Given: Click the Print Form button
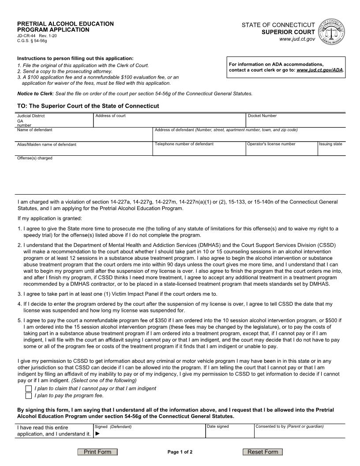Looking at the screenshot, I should point(97,452).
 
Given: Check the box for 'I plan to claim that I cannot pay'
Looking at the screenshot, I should point(29,388).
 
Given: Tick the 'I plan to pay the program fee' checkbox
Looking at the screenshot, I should point(29,395).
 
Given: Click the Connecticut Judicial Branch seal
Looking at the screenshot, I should point(331,31).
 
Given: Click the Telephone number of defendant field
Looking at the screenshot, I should point(199,150).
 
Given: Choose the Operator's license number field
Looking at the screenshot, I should point(281,150).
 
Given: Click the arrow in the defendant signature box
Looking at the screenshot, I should point(97,434).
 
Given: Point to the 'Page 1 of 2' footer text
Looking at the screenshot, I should point(180,452).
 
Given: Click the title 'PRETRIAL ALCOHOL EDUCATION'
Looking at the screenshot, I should point(65,24).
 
